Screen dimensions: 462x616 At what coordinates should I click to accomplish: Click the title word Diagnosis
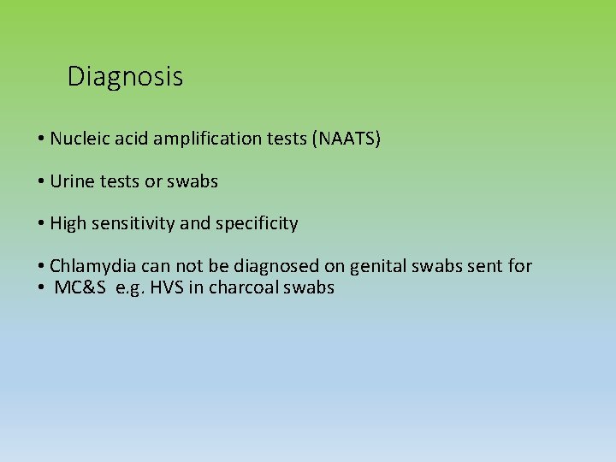(x=125, y=77)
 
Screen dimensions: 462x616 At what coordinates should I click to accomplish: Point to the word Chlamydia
(x=91, y=266)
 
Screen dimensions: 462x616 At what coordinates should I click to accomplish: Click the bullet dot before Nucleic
(x=41, y=139)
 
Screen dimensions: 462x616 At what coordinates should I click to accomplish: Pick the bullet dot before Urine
(x=41, y=182)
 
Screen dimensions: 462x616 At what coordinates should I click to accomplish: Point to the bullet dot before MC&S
(x=41, y=288)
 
